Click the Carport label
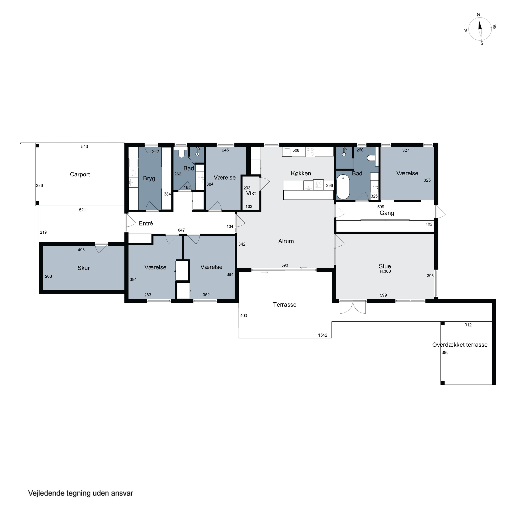80,174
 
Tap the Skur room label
84,268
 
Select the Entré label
146,224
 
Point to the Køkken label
301,173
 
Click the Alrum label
286,241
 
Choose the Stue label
385,266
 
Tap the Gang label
387,213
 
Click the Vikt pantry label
251,193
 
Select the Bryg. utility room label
150,178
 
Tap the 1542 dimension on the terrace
323,335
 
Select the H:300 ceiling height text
385,271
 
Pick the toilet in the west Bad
182,154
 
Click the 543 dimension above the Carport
84,146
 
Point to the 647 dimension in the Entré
181,230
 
